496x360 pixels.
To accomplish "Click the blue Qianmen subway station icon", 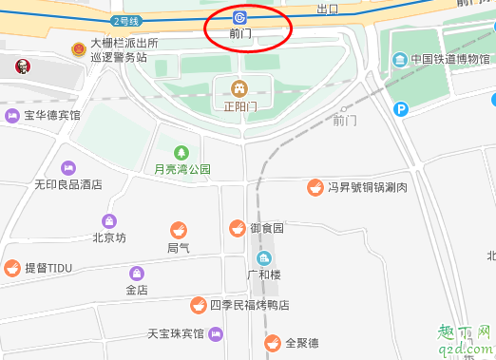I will tap(241, 16).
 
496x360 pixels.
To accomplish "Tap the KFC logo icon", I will tap(13, 66).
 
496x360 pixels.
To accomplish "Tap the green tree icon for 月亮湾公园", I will tap(181, 152).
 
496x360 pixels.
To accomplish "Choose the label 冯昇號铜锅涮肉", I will tap(368, 188).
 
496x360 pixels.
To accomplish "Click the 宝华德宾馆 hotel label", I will tap(52, 116).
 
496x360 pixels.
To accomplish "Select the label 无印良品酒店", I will tap(67, 185).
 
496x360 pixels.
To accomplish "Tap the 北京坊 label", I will tap(108, 237).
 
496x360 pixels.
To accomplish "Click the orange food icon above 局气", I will tap(178, 229).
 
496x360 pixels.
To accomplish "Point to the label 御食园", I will tap(267, 228).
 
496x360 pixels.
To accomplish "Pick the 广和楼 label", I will tap(264, 275).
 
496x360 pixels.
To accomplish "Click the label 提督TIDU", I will tap(48, 268).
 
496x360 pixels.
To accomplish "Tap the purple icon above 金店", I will tap(137, 273).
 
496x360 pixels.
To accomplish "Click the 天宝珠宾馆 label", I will tap(175, 333).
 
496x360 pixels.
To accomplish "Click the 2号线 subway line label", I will tap(126, 20).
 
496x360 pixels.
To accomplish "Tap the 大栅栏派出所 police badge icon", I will tap(78, 48).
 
